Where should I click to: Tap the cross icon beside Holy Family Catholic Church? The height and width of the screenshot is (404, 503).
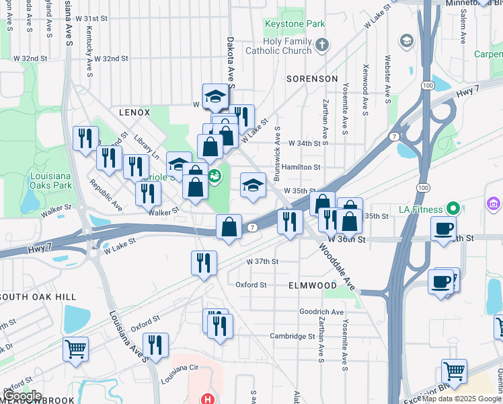point(322,45)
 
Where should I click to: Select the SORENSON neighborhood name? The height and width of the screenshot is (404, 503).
point(312,79)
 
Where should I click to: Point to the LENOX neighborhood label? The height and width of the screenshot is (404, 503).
point(134,112)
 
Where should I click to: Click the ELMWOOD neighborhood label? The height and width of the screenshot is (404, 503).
point(312,285)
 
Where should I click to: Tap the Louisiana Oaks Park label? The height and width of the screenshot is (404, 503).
point(51,180)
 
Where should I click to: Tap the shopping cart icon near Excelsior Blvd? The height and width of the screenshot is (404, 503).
point(454,370)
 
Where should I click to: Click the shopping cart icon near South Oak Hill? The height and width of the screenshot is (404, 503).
point(75,348)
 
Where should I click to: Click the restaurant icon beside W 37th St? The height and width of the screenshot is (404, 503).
point(204,261)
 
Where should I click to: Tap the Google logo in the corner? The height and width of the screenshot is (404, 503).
point(22,396)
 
